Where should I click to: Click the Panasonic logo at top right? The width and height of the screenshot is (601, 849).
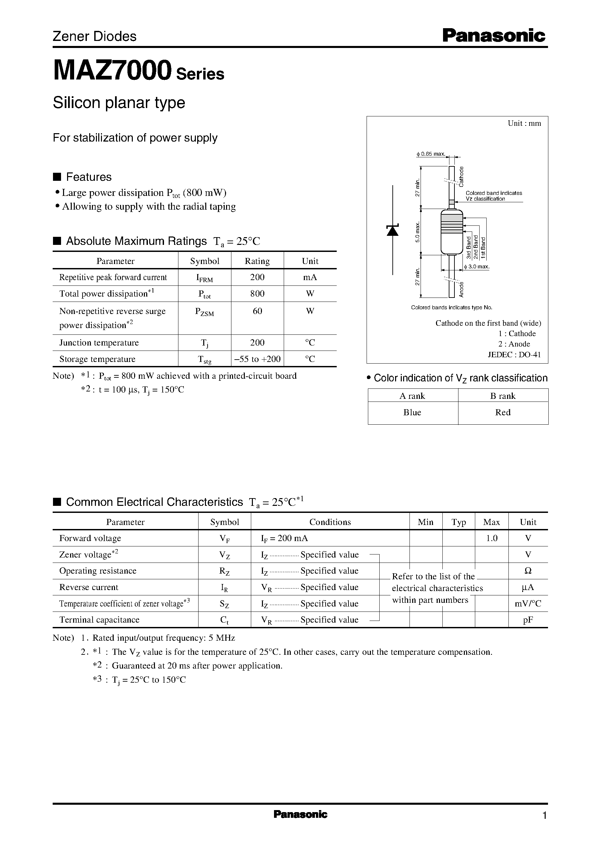pos(494,36)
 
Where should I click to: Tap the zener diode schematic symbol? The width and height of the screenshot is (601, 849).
pos(392,230)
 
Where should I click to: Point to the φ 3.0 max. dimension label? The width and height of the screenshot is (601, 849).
pos(477,266)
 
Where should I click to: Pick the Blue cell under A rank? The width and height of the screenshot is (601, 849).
pos(412,412)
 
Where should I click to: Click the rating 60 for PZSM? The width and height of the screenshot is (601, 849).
pos(257,311)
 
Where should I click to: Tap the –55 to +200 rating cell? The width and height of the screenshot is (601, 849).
pos(257,359)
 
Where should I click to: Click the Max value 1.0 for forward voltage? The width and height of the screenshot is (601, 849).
pos(491,538)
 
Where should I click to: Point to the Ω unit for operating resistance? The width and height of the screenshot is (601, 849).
pos(528,571)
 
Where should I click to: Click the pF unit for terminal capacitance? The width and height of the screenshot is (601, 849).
pos(528,620)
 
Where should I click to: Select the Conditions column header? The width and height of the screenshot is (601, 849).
pos(330,522)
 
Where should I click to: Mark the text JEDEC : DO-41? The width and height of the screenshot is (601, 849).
pos(514,355)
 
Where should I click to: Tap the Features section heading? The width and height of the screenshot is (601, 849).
pos(89,177)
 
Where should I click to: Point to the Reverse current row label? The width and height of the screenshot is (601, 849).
pos(89,587)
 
